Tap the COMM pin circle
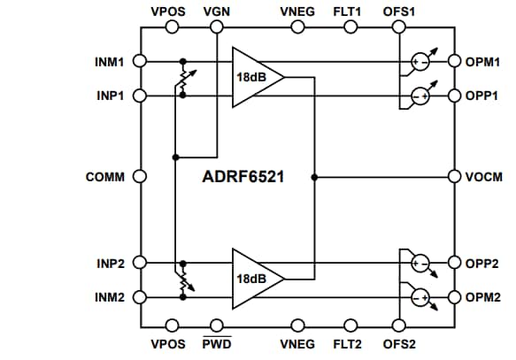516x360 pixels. [x=139, y=177]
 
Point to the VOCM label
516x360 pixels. [x=485, y=177]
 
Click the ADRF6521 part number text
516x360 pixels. [x=243, y=177]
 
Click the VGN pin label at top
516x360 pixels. [x=215, y=11]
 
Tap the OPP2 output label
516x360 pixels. [x=485, y=264]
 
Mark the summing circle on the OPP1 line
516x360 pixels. [x=420, y=95]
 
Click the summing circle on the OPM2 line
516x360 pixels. [x=420, y=296]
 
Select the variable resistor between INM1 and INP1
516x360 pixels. [x=182, y=79]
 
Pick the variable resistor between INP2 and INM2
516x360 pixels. [x=182, y=280]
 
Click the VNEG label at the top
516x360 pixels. [x=296, y=11]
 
